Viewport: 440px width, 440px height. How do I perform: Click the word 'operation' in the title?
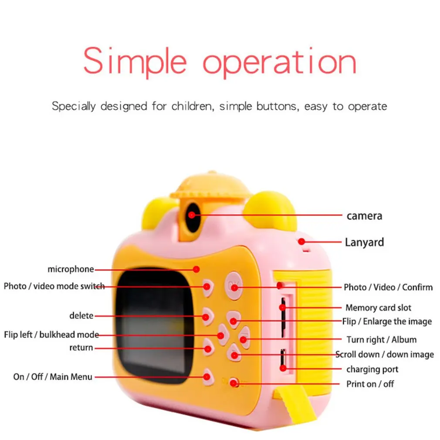click(279, 62)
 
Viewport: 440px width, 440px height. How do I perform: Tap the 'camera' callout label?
click(364, 216)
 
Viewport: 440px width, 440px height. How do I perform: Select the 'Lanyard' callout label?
click(364, 242)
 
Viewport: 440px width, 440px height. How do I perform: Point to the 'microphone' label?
click(71, 269)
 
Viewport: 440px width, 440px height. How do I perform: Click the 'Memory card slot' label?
click(378, 308)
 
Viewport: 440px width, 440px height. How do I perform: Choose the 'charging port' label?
click(372, 369)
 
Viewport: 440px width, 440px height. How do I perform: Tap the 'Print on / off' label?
click(370, 384)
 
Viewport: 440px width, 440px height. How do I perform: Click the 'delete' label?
click(81, 315)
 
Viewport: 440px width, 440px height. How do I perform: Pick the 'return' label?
click(81, 348)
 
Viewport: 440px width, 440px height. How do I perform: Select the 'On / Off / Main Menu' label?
click(53, 376)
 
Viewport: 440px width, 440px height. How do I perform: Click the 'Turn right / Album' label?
click(381, 340)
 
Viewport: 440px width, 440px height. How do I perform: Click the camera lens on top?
click(192, 214)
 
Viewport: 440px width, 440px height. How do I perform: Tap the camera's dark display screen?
click(155, 325)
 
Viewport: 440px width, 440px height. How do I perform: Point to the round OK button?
click(234, 286)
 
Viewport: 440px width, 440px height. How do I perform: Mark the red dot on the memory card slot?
click(283, 308)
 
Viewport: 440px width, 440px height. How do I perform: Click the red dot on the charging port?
click(283, 368)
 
